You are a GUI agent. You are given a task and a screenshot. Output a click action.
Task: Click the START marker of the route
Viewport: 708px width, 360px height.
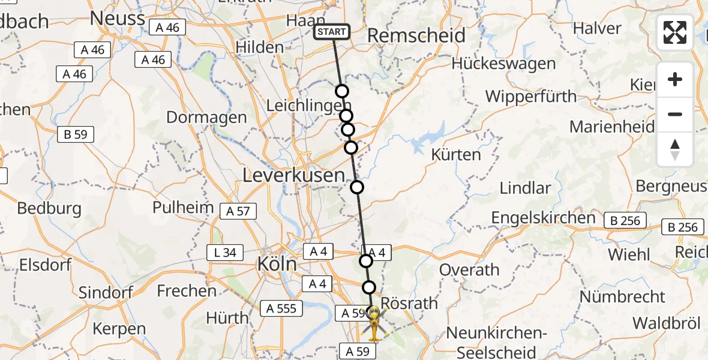pos(331,32)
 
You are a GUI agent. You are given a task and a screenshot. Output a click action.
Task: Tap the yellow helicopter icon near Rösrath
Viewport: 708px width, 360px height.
pos(374,323)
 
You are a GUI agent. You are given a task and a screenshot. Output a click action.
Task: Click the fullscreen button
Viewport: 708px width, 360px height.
pos(675,32)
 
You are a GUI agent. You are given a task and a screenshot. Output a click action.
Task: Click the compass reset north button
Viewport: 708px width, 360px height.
pos(675,149)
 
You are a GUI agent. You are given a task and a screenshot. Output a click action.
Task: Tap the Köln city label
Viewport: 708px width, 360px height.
pos(277,264)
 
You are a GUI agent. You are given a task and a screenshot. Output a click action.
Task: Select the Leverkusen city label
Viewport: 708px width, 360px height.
pos(293,176)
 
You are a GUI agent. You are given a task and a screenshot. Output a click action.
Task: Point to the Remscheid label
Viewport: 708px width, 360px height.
pos(416,35)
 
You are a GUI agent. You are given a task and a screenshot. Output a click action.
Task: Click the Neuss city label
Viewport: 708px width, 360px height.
pos(117,19)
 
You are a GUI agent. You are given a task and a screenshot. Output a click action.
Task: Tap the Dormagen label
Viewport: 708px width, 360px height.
pos(206,117)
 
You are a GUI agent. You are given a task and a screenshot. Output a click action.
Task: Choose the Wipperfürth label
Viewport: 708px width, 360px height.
pos(530,96)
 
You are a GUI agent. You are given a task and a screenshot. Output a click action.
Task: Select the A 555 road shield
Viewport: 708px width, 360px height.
pos(282,308)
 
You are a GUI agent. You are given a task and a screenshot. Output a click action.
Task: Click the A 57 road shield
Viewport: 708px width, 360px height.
pos(238,211)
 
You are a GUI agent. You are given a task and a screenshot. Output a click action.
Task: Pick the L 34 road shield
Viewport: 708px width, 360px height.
pos(224,253)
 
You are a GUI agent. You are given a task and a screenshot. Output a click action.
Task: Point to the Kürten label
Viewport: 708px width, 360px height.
pos(456,155)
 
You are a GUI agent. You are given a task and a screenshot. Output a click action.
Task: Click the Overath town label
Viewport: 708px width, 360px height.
pos(469,270)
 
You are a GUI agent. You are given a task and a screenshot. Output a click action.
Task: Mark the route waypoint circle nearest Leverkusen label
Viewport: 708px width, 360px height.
pos(357,187)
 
